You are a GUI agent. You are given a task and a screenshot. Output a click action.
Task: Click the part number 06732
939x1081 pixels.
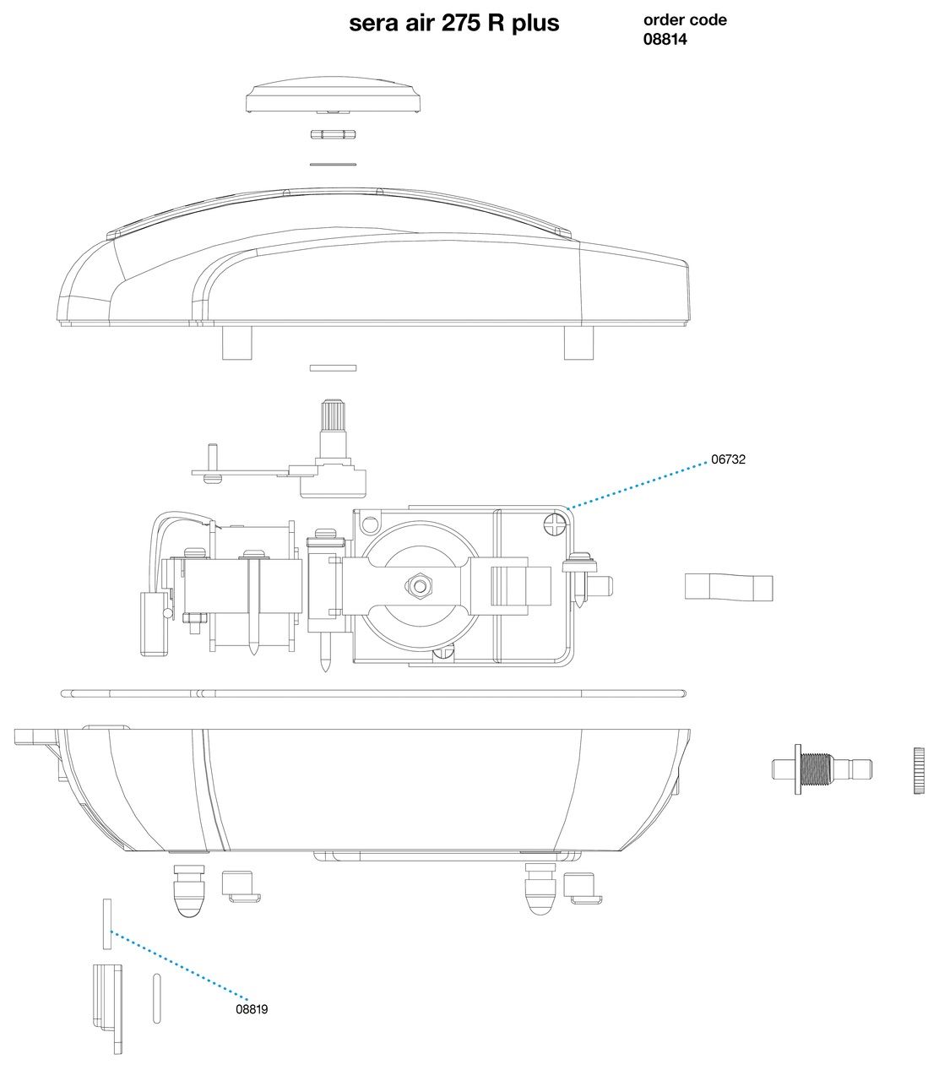[728, 459]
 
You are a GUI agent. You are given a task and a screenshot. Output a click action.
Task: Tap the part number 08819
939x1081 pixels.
[252, 1009]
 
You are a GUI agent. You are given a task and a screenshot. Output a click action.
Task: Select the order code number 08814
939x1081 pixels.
[665, 39]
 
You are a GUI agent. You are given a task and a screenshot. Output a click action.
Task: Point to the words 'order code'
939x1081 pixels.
[685, 20]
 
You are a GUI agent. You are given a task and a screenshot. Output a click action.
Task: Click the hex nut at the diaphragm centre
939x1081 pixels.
[419, 586]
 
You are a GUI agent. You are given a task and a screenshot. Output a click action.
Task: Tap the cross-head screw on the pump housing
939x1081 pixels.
[555, 524]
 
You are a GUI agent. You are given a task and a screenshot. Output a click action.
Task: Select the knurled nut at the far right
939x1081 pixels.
[919, 770]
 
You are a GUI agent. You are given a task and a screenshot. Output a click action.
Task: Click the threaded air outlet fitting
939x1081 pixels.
[822, 769]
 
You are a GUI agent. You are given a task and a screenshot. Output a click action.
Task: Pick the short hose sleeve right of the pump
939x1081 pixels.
[729, 586]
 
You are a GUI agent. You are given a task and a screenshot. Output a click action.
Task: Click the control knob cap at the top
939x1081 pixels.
[334, 95]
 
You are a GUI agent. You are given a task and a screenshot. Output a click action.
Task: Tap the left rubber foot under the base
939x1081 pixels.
[190, 891]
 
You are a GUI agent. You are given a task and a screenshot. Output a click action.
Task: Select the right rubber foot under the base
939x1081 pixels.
[540, 888]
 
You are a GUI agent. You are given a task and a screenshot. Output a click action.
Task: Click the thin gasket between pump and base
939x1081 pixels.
[373, 693]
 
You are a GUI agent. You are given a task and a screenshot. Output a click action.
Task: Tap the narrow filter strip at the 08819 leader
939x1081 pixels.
[107, 924]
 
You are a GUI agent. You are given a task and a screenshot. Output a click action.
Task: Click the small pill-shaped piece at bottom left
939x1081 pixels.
[156, 998]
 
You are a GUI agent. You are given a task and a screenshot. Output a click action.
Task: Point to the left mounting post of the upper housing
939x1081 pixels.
[236, 342]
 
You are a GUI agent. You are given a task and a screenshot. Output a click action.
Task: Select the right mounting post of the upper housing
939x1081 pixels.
[578, 342]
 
